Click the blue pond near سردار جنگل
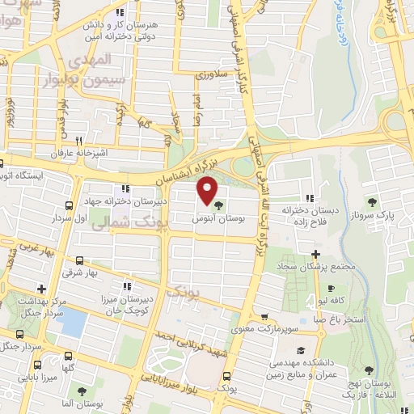click(x=72, y=323)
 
